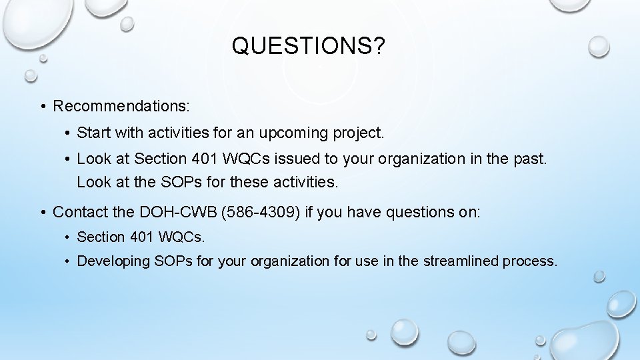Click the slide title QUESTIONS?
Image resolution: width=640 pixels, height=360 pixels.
pyautogui.click(x=308, y=46)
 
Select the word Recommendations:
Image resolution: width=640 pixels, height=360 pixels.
pyautogui.click(x=121, y=106)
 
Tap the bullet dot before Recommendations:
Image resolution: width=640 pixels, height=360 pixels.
pyautogui.click(x=42, y=107)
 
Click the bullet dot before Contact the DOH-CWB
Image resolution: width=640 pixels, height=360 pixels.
pyautogui.click(x=42, y=213)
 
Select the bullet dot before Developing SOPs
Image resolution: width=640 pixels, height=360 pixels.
pyautogui.click(x=69, y=261)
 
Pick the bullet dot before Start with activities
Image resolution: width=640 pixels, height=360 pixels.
pyautogui.click(x=69, y=133)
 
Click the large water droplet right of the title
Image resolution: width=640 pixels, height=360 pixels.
pyautogui.click(x=599, y=45)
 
